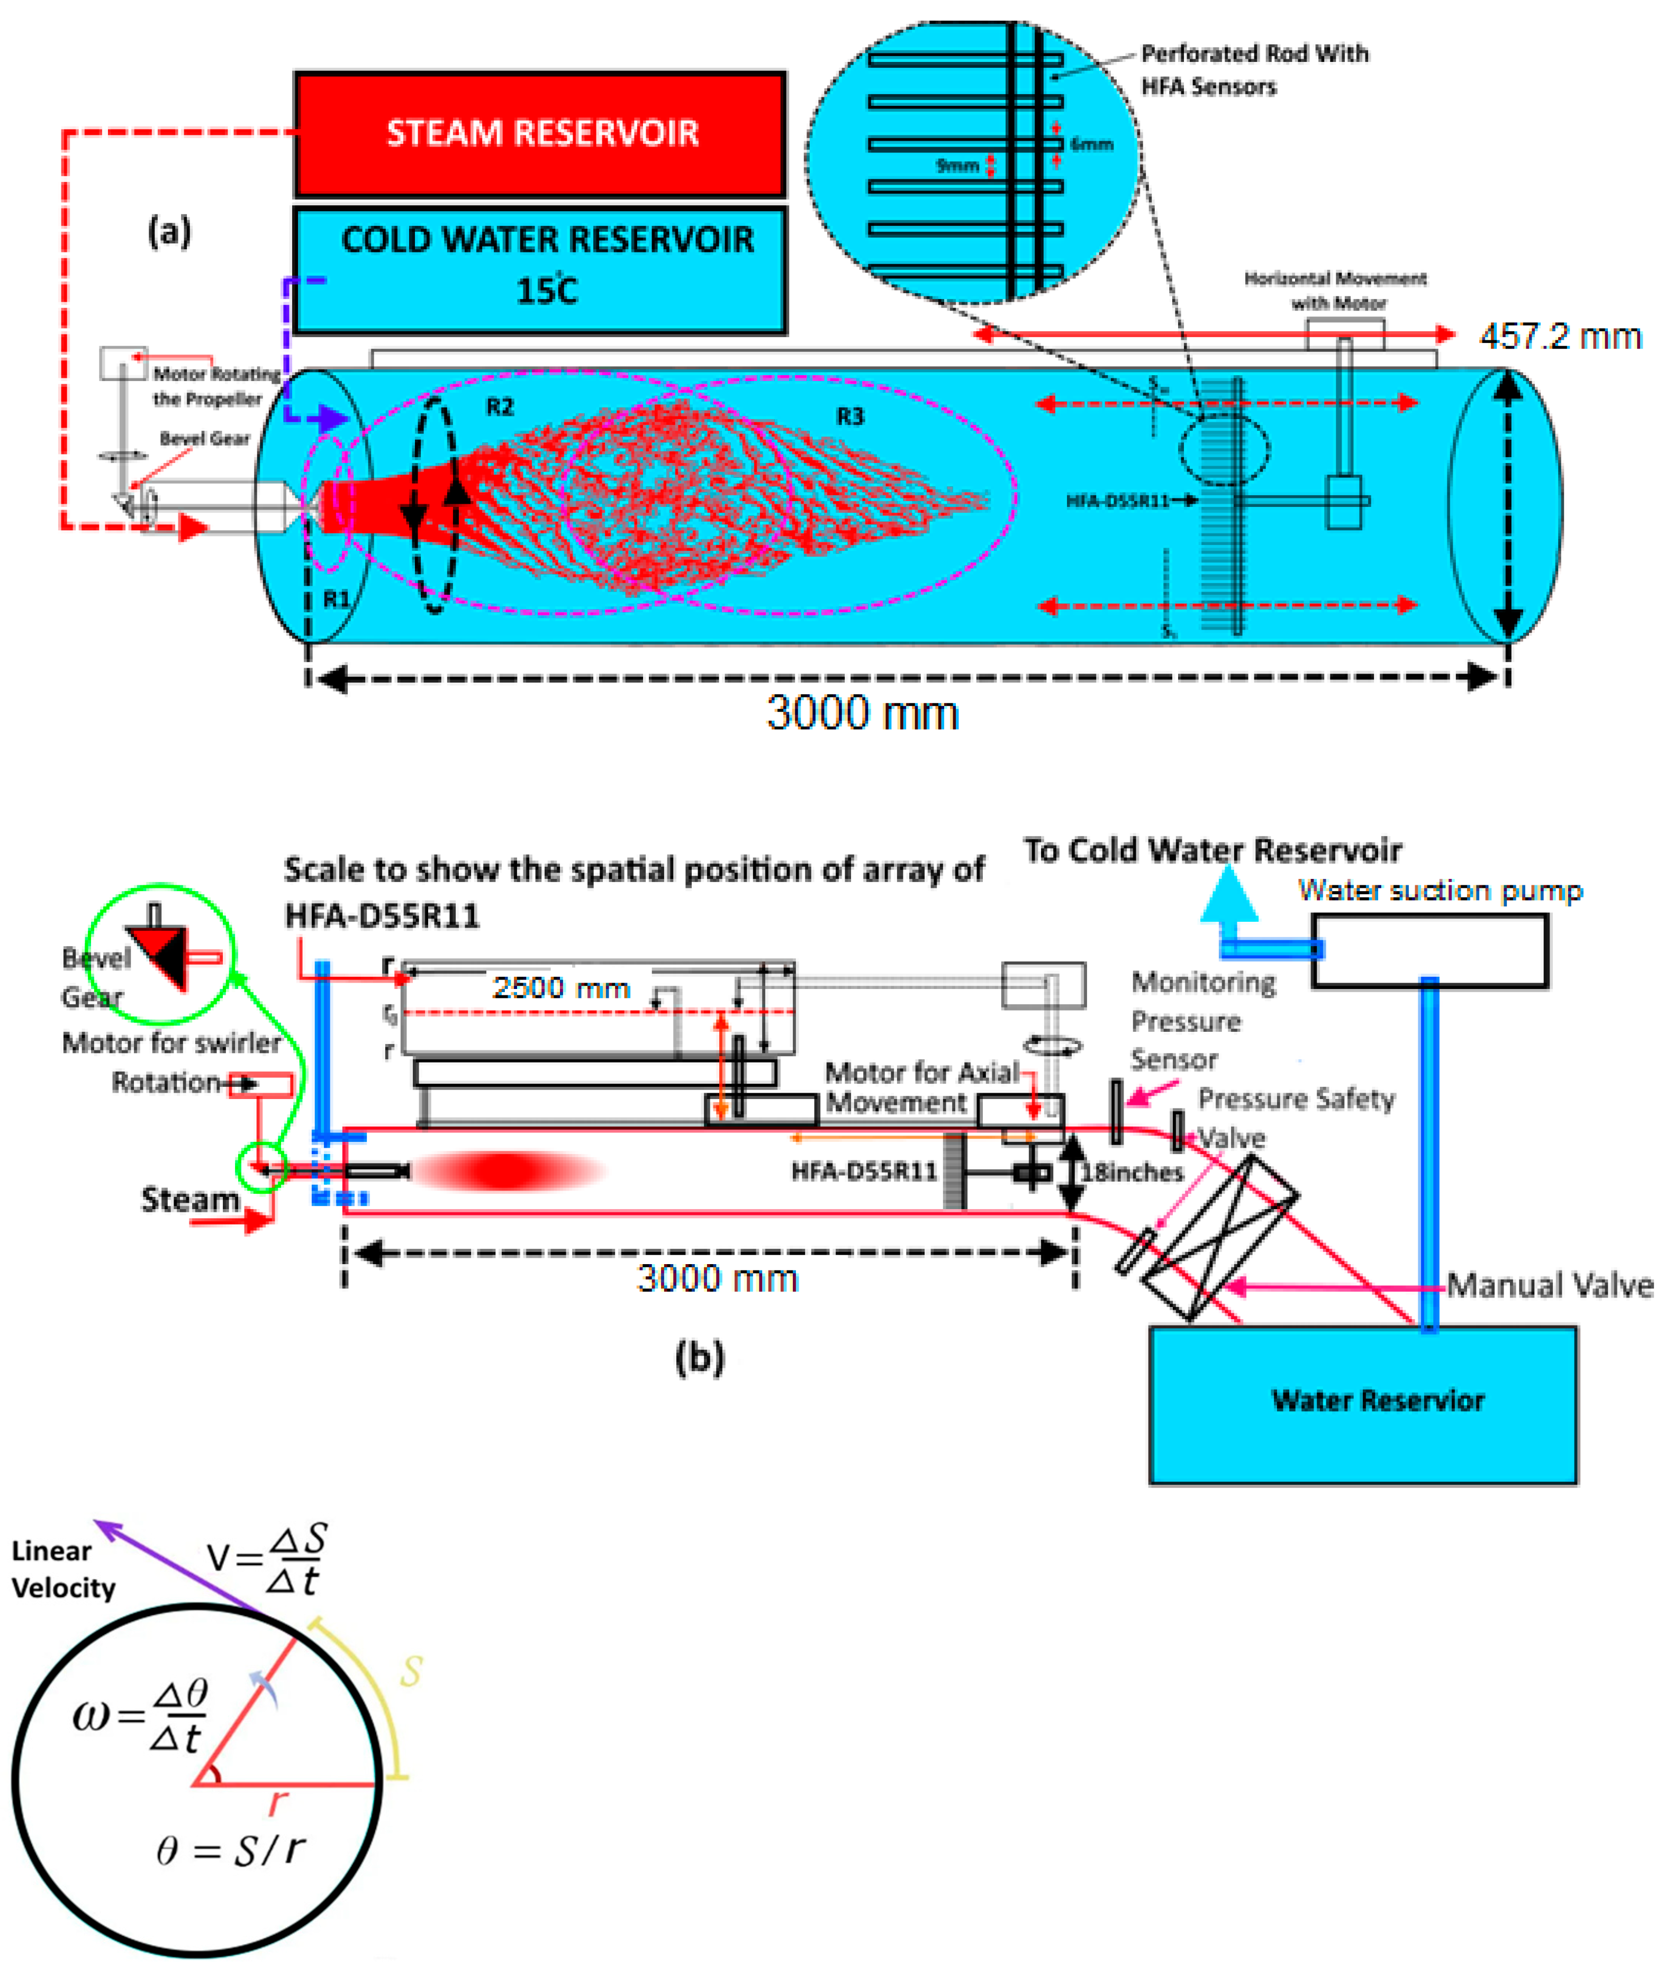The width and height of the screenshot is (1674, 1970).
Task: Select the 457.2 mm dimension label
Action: [x=1559, y=336]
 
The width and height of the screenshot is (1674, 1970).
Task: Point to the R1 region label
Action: [x=336, y=599]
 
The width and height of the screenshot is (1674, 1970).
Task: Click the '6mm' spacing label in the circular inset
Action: [x=1091, y=144]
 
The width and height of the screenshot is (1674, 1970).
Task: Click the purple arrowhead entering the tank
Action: [x=334, y=417]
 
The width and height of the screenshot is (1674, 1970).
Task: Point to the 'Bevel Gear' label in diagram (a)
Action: [x=204, y=439]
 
